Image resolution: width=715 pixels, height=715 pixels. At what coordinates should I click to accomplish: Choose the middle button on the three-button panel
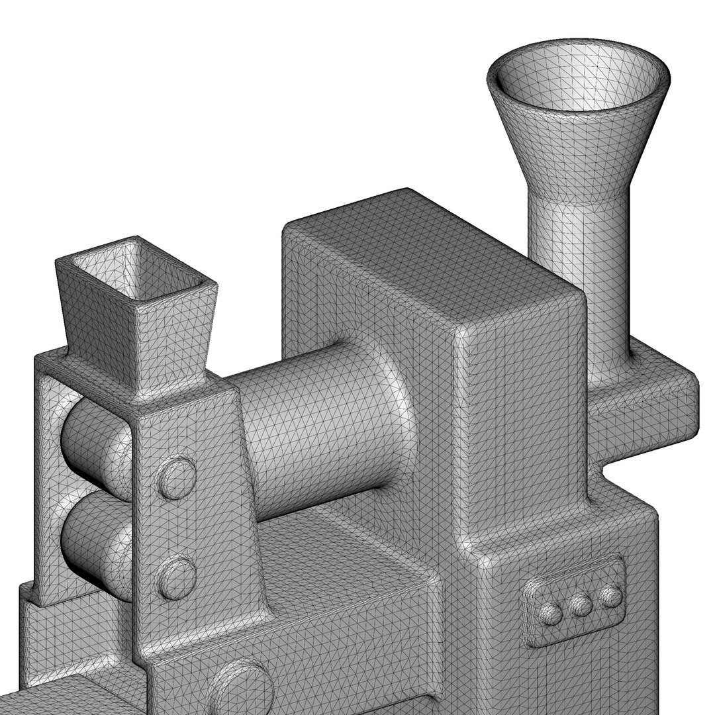point(581,605)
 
